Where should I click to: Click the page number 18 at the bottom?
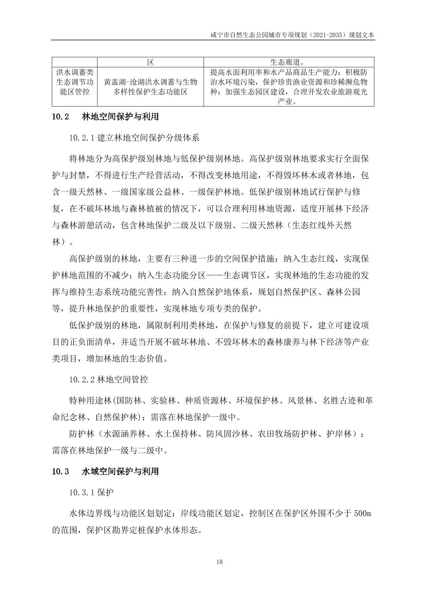point(220,562)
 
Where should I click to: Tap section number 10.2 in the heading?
point(61,117)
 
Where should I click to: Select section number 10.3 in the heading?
point(61,471)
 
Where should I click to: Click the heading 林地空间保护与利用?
point(120,117)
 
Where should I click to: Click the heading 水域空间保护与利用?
point(120,471)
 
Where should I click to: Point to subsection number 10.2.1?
point(82,138)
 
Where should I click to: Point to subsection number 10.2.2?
point(82,380)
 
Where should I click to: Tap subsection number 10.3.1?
point(82,493)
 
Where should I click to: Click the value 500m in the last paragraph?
point(362,514)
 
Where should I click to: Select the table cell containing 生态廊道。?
point(288,62)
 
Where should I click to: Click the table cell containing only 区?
point(150,62)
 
